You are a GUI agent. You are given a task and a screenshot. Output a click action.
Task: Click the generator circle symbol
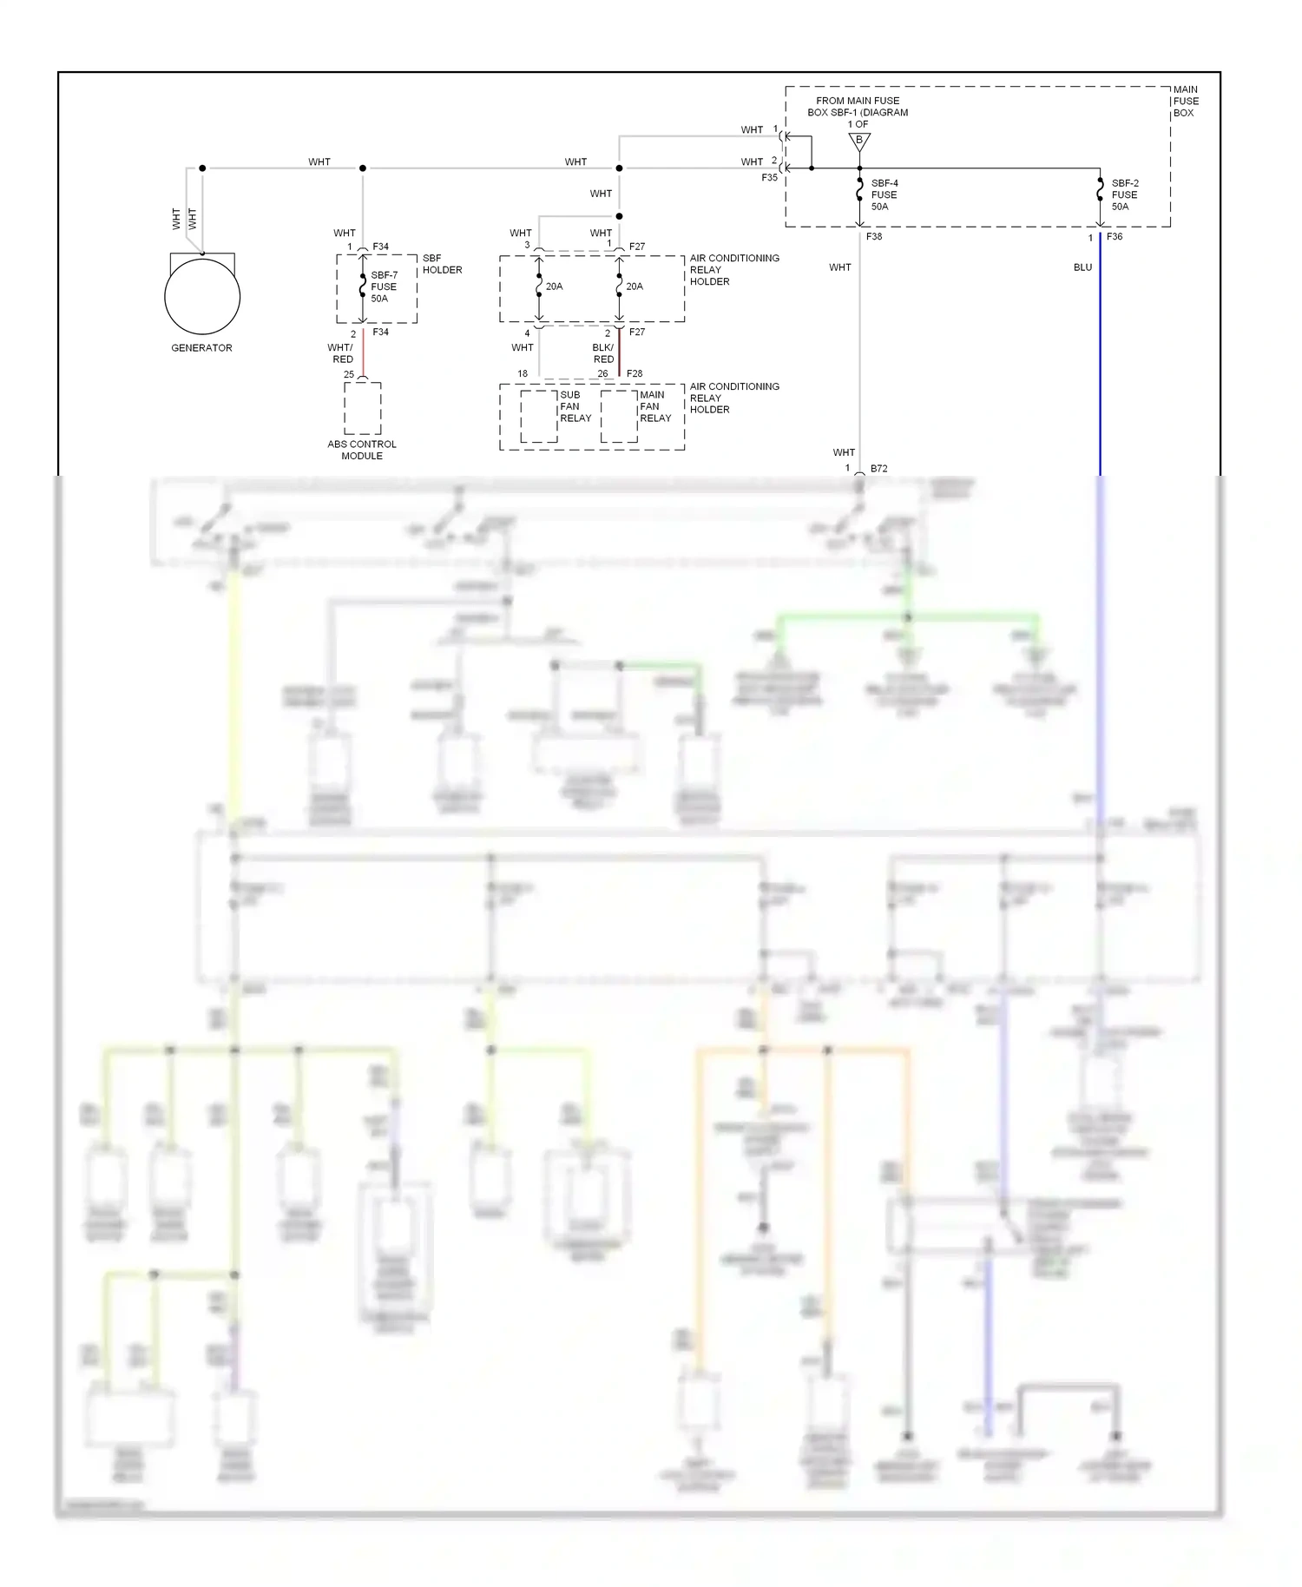pos(202,296)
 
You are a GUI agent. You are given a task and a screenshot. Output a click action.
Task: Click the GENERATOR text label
pos(201,348)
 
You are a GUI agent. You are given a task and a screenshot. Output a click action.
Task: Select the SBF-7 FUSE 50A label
pos(384,286)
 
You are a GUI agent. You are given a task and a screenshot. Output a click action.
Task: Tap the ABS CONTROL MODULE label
pos(362,450)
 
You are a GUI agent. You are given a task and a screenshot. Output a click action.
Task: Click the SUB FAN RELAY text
pos(575,406)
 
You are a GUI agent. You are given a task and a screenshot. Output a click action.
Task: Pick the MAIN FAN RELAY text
pos(654,406)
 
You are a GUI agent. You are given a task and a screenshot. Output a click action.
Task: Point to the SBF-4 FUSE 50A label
pos(884,195)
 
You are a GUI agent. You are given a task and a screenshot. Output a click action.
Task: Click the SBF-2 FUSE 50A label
pos(1124,195)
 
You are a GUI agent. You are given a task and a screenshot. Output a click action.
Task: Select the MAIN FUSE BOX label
pos(1185,102)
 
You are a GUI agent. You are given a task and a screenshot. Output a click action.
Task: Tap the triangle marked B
pos(859,141)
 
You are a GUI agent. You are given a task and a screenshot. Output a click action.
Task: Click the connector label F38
pos(874,236)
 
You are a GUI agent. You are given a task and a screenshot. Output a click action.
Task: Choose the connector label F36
pos(1115,236)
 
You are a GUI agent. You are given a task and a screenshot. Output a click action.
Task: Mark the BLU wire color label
pos(1082,267)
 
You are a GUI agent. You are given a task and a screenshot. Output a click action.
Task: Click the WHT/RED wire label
pos(341,353)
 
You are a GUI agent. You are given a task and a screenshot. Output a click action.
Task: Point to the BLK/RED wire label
pos(603,353)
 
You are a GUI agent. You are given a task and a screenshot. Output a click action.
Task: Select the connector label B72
pos(878,469)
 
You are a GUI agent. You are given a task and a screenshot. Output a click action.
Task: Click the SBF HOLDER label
pos(442,264)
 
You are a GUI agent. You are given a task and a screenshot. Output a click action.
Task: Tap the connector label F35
pos(770,178)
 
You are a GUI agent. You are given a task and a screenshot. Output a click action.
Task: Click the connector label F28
pos(635,374)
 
